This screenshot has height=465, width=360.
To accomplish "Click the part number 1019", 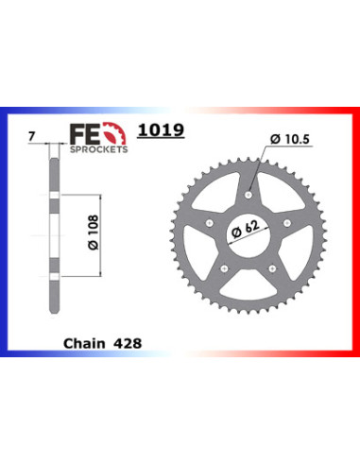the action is click(161, 130).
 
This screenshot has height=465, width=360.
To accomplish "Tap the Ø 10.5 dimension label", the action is click(290, 139).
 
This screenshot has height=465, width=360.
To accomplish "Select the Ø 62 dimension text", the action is click(246, 230).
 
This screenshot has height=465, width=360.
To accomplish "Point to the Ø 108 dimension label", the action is click(94, 232).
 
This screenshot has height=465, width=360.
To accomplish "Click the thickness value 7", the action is click(31, 137).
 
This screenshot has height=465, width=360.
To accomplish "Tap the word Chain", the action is click(84, 343).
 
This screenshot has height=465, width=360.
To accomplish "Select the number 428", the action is click(128, 343).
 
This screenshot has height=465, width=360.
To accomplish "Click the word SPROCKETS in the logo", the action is click(98, 149).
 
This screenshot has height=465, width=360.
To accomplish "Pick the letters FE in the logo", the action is click(84, 133).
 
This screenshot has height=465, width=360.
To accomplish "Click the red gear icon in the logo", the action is click(115, 133).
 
